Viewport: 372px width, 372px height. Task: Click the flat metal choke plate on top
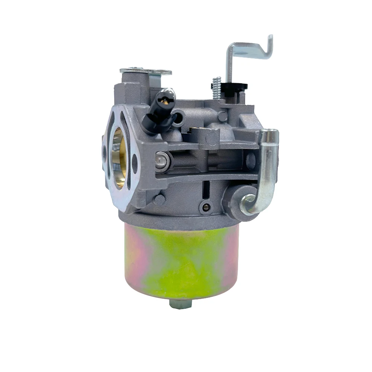[145, 71]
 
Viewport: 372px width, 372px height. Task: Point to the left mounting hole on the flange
[104, 152]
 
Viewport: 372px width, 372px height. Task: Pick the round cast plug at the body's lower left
[159, 200]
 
